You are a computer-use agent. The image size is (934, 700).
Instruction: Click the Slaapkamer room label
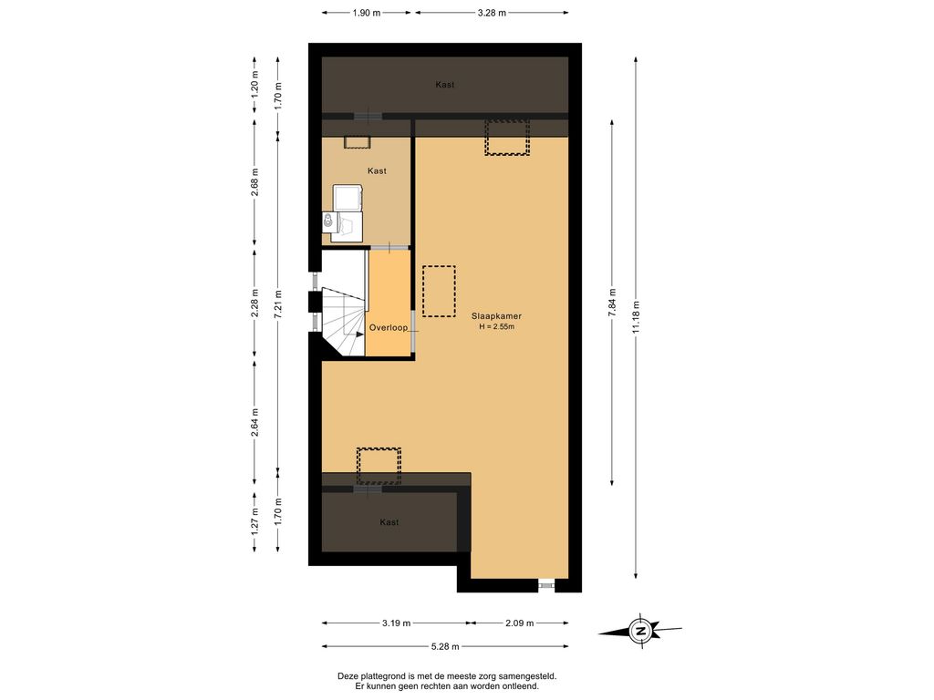pyautogui.click(x=496, y=316)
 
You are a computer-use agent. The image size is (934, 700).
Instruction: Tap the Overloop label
pyautogui.click(x=389, y=327)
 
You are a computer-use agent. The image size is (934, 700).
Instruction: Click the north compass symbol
pyautogui.click(x=640, y=631)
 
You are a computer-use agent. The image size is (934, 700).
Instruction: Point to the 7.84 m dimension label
pyautogui.click(x=612, y=303)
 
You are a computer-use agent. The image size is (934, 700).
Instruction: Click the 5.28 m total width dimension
pyautogui.click(x=445, y=646)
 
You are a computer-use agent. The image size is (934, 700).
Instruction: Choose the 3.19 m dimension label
pyautogui.click(x=396, y=623)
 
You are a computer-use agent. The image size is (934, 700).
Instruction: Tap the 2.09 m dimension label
pyautogui.click(x=519, y=623)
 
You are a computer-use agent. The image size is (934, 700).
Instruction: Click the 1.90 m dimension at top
pyautogui.click(x=367, y=13)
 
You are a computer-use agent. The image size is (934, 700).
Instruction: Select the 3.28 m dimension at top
pyautogui.click(x=492, y=13)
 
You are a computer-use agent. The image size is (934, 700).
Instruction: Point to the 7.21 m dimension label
pyautogui.click(x=278, y=304)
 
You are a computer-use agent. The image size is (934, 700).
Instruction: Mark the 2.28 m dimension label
pyautogui.click(x=254, y=304)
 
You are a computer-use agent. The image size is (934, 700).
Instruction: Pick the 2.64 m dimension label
pyautogui.click(x=254, y=422)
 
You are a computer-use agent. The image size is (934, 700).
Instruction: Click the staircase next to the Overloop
pyautogui.click(x=344, y=322)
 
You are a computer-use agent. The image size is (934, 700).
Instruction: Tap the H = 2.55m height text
pyautogui.click(x=497, y=327)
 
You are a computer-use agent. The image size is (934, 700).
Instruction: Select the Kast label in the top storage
pyautogui.click(x=445, y=85)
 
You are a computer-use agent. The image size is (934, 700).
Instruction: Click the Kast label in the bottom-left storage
pyautogui.click(x=389, y=522)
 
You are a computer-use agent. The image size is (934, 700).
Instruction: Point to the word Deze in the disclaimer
pyautogui.click(x=348, y=676)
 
